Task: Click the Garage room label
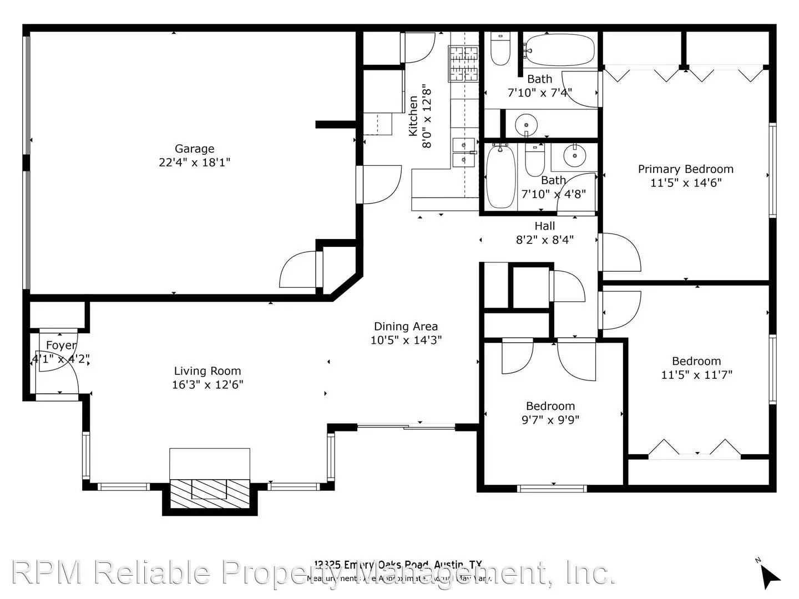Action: tap(194, 149)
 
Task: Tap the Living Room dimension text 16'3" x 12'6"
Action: tap(208, 385)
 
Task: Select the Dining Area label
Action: tap(406, 327)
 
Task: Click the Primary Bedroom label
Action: tap(685, 169)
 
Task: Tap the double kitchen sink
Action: tap(463, 153)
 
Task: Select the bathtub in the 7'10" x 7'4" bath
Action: tap(559, 50)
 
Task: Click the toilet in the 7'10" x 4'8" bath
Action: tap(535, 159)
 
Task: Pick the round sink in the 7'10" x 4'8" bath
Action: tap(574, 155)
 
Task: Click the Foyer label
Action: tap(61, 346)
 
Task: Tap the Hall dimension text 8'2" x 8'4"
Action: tap(544, 240)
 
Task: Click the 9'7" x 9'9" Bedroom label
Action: tap(550, 406)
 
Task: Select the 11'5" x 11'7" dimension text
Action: tap(696, 375)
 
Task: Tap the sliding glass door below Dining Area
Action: tap(406, 427)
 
